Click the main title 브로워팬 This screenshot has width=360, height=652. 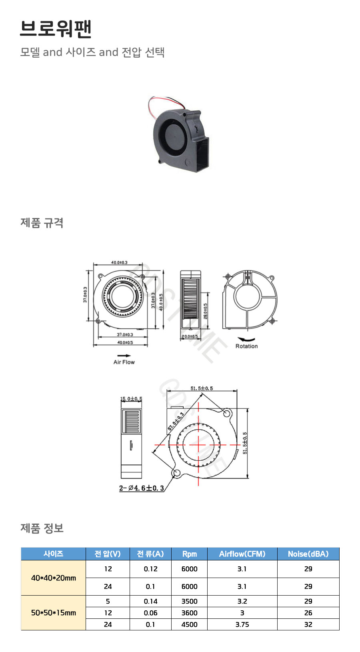[x=56, y=29]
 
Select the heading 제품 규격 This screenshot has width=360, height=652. [x=42, y=223]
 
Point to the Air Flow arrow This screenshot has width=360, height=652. [x=124, y=355]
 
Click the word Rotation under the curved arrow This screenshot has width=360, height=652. [x=246, y=346]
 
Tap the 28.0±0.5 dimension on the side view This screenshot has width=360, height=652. [x=206, y=311]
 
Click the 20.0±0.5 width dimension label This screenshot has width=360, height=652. [x=190, y=336]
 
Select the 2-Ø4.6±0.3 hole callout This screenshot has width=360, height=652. [x=142, y=488]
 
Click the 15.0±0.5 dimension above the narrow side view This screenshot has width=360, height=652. [x=131, y=399]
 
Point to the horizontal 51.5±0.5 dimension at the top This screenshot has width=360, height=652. [x=202, y=388]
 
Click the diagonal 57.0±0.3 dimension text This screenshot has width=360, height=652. [x=176, y=421]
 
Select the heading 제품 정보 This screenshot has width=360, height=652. [x=42, y=528]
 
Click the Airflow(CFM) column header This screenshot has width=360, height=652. [x=242, y=554]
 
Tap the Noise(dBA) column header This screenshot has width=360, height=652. [x=308, y=554]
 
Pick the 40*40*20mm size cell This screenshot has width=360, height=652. [x=53, y=578]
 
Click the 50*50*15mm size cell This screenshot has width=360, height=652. [x=53, y=612]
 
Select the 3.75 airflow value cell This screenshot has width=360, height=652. [x=242, y=624]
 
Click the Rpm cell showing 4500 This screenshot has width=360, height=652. [x=189, y=624]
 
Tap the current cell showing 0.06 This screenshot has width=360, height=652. [x=150, y=613]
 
